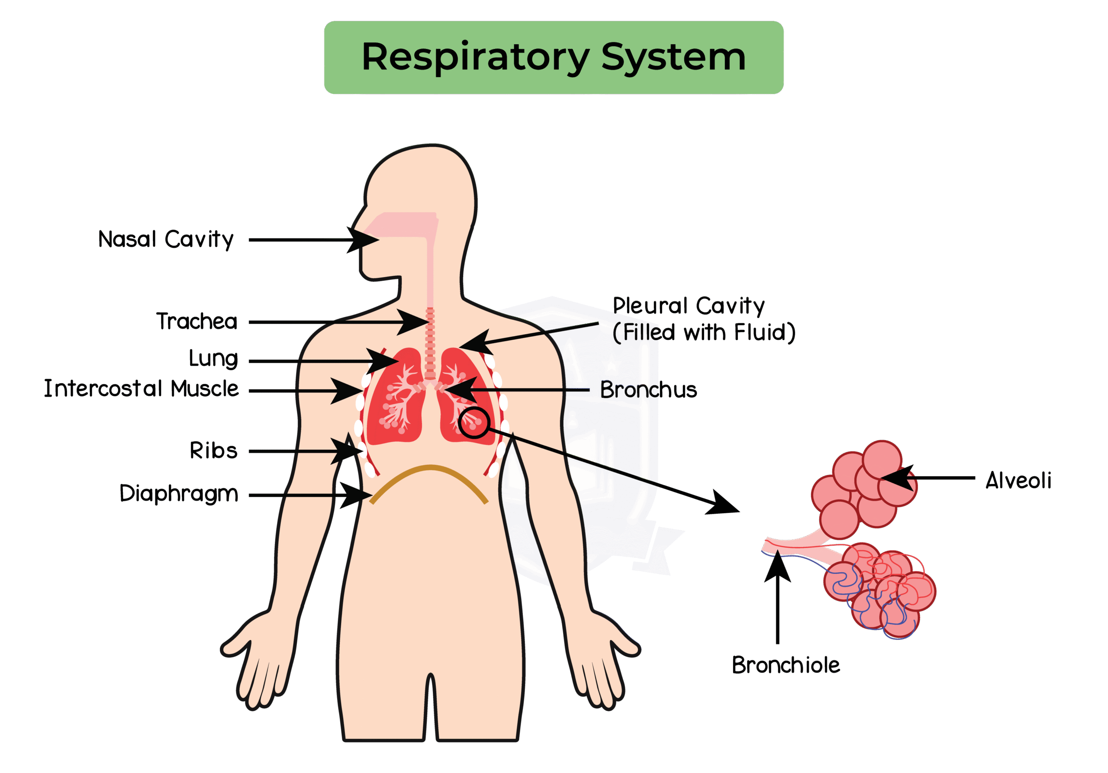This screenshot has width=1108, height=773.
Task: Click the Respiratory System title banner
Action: [554, 58]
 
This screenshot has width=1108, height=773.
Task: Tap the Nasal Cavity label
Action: [165, 239]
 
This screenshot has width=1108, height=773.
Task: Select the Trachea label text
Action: [197, 321]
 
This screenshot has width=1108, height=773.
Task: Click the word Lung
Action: [213, 359]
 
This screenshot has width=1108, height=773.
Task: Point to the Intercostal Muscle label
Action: [142, 389]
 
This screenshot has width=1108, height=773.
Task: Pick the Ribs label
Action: [214, 451]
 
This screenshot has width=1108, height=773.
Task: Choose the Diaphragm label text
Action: [179, 493]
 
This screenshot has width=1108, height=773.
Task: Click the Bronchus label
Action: [648, 390]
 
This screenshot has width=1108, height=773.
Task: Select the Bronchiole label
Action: [786, 665]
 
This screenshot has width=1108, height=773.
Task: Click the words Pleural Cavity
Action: [689, 306]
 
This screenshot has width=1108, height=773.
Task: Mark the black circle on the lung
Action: [474, 423]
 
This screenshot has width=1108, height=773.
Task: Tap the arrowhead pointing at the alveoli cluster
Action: [897, 478]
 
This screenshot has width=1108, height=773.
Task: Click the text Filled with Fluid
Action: [705, 332]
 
